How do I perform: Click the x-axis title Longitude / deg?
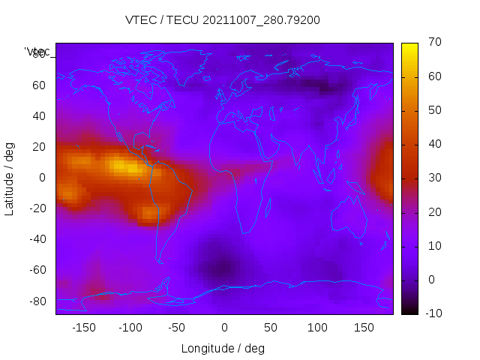tap(223, 348)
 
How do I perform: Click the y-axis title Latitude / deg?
tap(10, 178)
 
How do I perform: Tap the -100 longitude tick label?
tap(130, 328)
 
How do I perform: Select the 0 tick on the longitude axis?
tap(223, 328)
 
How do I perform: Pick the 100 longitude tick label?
tap(317, 328)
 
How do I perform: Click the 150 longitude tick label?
tap(364, 328)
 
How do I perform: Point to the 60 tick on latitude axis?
tap(39, 85)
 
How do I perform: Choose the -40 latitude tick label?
tap(37, 239)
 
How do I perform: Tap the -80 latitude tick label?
tap(37, 301)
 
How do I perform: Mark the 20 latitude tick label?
tap(39, 147)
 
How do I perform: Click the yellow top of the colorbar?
tap(409, 46)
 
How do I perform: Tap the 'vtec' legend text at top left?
tap(38, 52)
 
